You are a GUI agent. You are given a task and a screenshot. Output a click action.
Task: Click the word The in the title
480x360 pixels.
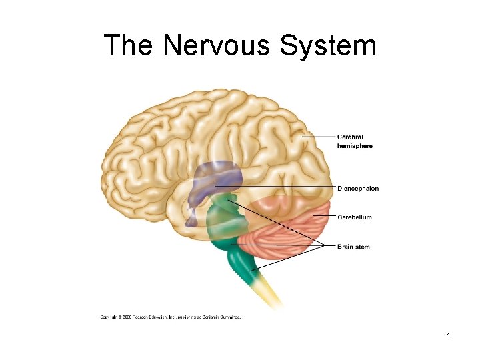129,46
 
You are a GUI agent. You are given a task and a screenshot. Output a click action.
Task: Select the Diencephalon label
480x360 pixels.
357,189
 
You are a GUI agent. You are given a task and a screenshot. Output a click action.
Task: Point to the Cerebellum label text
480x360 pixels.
354,217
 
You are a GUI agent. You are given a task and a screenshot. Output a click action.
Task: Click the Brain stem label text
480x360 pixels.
353,247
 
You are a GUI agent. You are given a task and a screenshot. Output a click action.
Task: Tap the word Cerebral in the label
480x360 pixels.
351,137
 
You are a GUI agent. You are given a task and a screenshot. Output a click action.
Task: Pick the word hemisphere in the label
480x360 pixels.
355,146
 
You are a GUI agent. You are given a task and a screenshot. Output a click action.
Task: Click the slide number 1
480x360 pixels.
449,336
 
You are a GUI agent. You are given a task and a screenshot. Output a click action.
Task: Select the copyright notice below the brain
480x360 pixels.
171,317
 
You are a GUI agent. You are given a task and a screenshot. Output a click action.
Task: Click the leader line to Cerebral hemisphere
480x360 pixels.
319,137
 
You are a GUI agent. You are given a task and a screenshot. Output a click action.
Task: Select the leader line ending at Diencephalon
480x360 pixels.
280,187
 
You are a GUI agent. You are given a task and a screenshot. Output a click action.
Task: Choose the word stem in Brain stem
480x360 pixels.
363,247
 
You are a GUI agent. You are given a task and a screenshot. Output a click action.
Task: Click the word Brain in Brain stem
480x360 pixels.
345,247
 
